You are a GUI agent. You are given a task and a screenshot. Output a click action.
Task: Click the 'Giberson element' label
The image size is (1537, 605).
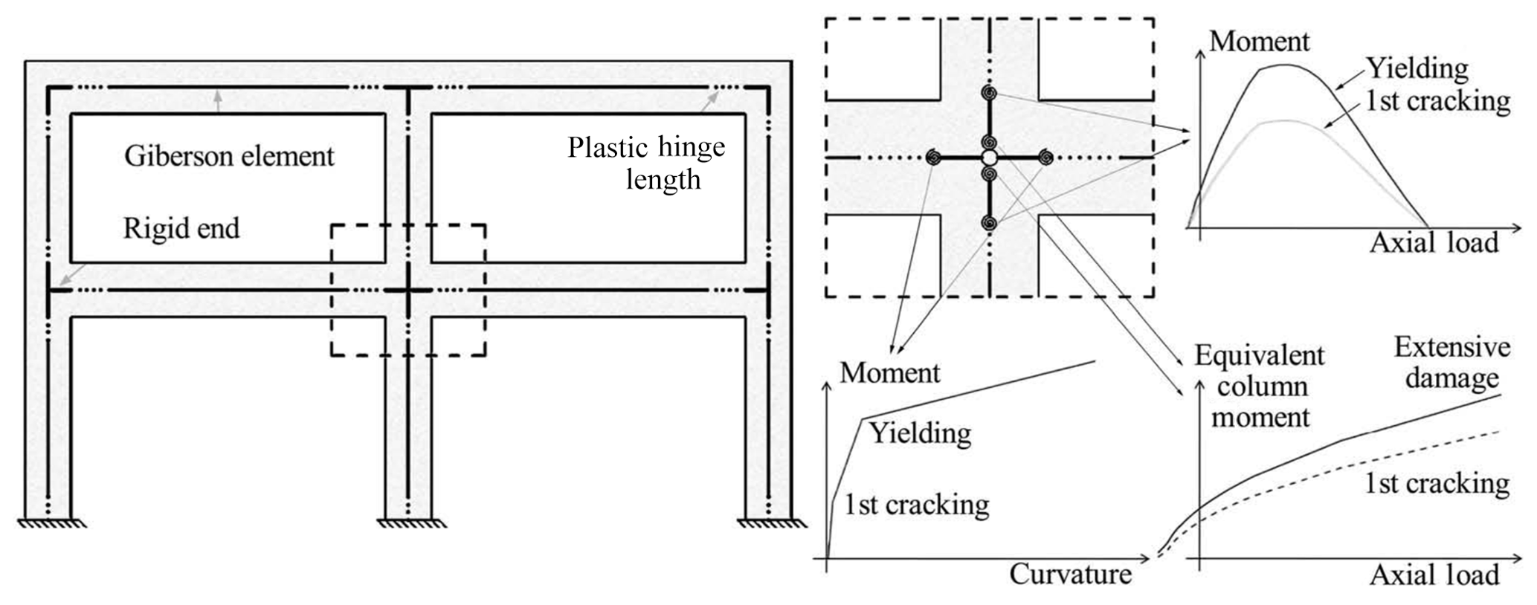[x=229, y=156]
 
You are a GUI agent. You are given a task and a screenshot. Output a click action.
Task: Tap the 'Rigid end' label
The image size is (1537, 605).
[x=181, y=228]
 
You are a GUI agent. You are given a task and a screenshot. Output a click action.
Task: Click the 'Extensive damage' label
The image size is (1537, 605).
[x=1451, y=363]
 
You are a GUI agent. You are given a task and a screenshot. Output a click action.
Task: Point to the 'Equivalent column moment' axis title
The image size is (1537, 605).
[x=1260, y=386]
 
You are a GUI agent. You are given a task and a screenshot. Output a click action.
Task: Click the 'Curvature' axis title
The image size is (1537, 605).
[x=1070, y=574]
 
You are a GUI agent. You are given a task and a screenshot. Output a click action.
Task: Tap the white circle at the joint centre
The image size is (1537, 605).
[x=988, y=158]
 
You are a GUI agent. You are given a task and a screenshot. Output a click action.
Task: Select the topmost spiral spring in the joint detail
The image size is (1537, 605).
[x=989, y=94]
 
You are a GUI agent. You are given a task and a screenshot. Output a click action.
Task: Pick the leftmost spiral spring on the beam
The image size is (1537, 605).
[x=933, y=158]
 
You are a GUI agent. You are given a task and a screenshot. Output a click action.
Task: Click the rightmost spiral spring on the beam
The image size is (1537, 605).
[x=1045, y=158]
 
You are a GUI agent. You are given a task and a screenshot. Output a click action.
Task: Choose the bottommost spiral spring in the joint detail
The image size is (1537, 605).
[x=989, y=222]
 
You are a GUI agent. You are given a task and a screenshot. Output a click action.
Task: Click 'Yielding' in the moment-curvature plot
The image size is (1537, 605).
[x=921, y=433]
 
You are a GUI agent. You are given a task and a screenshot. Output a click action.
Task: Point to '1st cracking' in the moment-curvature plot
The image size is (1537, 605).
[x=916, y=505]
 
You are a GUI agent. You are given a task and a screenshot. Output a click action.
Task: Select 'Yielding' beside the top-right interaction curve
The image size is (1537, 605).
[x=1417, y=69]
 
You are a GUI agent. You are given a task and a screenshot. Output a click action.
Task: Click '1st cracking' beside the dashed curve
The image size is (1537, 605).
[x=1437, y=484]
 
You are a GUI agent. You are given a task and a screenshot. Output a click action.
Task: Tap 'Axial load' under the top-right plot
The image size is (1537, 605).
[x=1434, y=243]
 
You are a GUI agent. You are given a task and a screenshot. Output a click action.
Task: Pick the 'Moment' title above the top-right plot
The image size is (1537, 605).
[x=1259, y=41]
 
